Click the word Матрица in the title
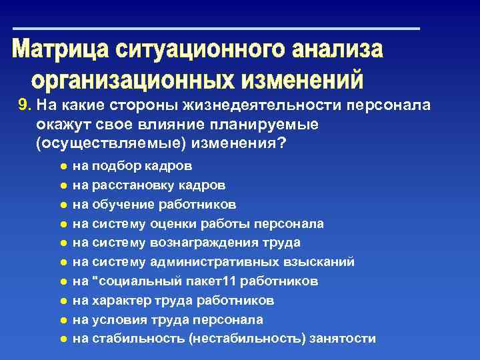pyautogui.click(x=61, y=51)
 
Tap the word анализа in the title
pyautogui.click(x=337, y=51)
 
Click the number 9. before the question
pyautogui.click(x=25, y=105)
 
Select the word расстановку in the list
pyautogui.click(x=127, y=185)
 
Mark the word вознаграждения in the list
pyautogui.click(x=203, y=243)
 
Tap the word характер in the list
pyautogui.click(x=117, y=301)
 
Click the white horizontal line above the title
pyautogui.click(x=217, y=29)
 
